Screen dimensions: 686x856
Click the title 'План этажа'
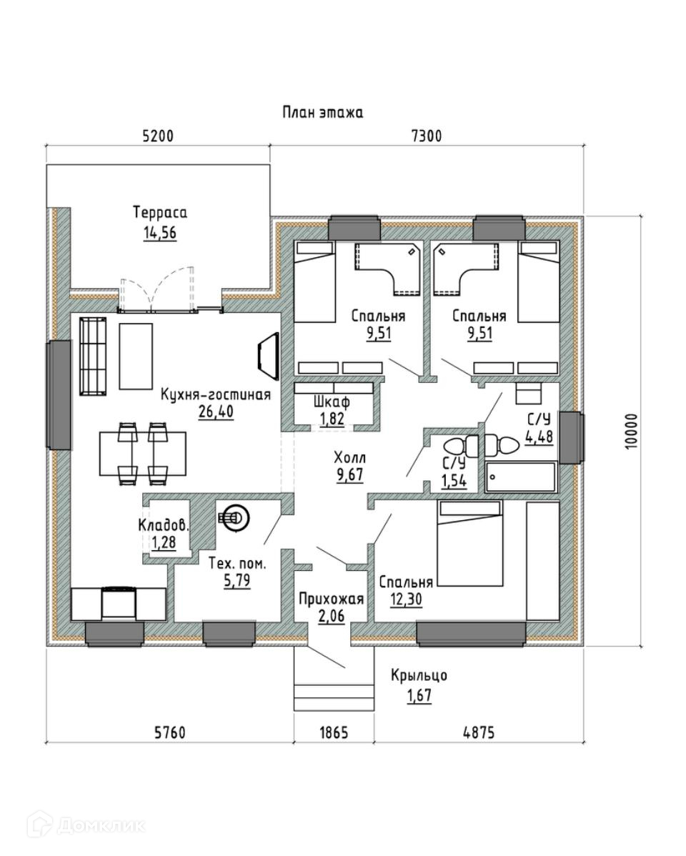coord(323,112)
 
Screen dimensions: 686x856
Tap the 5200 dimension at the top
coord(158,135)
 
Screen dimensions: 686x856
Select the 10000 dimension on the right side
coord(631,432)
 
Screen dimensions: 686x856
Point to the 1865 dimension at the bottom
coord(334,732)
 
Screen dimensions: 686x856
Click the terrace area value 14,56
coord(160,233)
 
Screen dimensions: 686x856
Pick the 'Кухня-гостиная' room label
coord(216,394)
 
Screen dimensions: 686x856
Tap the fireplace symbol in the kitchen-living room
coord(268,354)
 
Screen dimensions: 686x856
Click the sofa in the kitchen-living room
coord(93,356)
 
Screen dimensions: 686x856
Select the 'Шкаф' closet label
coord(332,402)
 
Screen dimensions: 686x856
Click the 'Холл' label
coord(349,457)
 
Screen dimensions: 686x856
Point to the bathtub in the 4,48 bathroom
coord(520,477)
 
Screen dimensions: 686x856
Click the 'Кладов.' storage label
coord(164,526)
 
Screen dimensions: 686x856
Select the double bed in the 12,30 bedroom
coord(469,544)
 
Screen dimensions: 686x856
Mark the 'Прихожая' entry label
coord(331,599)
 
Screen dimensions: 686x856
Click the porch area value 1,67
coord(419,695)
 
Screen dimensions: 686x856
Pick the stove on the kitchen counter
coord(119,603)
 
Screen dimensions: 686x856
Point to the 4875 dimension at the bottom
coord(479,732)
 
